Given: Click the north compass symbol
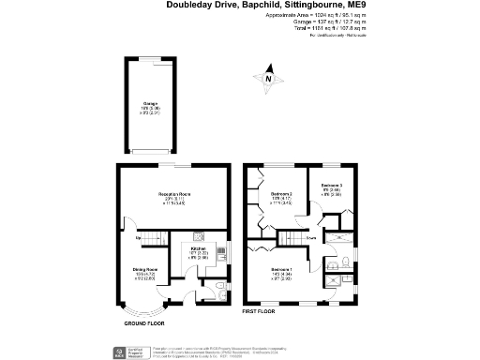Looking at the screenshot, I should point(269,80).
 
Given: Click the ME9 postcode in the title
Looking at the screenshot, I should point(345,6).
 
